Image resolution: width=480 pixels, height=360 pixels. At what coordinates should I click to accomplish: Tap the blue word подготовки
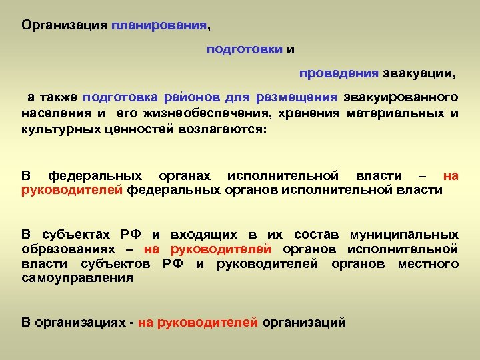(244, 49)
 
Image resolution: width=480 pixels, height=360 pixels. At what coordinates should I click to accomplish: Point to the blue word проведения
(338, 72)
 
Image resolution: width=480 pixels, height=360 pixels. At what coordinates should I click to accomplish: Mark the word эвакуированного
(401, 97)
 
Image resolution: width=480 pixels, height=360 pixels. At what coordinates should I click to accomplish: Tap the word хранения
(305, 113)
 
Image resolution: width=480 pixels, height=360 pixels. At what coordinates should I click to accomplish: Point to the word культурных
(61, 129)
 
